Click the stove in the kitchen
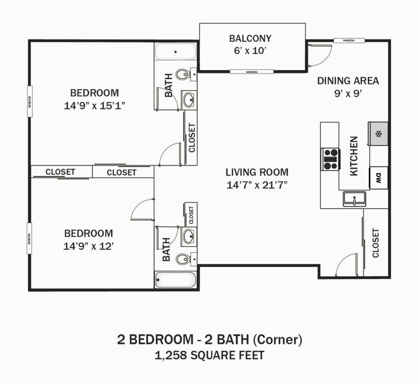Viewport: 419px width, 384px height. pos(330,159)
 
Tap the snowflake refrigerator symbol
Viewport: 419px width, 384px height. pos(378,134)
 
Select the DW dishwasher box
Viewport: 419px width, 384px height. pos(378,177)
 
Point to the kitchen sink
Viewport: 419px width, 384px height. pos(354,199)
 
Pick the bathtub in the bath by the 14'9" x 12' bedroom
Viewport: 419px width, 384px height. pos(175,279)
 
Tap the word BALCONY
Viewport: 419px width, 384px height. pos(250,38)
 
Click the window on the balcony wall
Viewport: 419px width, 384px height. pos(251,72)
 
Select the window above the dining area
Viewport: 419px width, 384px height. pos(349,40)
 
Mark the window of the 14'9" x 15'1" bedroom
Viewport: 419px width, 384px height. pos(30,101)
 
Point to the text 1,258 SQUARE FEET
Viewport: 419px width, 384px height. pos(209,355)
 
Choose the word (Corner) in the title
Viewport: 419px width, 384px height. pos(278,339)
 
